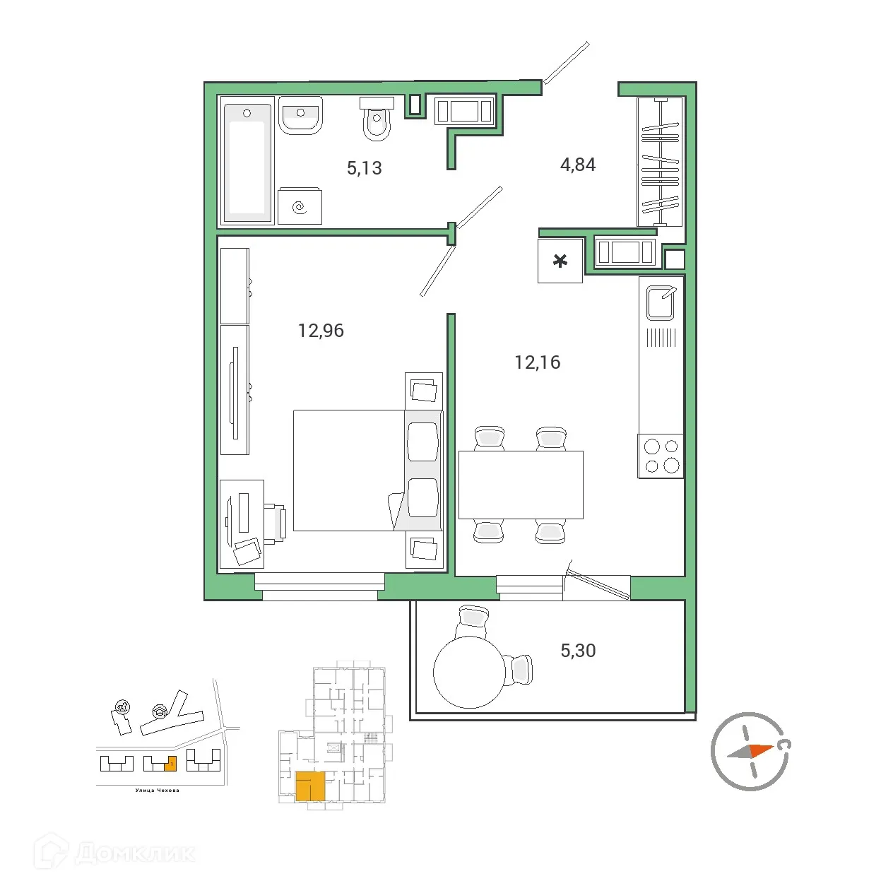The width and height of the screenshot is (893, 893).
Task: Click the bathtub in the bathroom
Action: click(x=247, y=160)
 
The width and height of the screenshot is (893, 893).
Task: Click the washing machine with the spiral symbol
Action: click(x=300, y=206)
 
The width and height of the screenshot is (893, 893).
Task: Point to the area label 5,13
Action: click(x=364, y=168)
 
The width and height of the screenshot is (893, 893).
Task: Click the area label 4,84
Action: click(x=578, y=165)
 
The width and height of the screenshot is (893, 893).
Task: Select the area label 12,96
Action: click(x=321, y=331)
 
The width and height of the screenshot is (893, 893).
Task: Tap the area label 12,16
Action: click(x=537, y=362)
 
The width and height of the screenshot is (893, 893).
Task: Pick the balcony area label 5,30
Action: click(x=578, y=651)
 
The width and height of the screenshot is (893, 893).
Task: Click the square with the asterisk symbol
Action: click(x=560, y=261)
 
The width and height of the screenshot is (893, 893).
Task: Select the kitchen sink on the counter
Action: click(x=661, y=302)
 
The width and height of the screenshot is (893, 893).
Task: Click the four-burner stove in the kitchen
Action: click(x=661, y=456)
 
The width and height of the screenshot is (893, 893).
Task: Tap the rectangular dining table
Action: click(x=521, y=485)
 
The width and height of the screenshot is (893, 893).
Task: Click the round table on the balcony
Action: click(x=469, y=672)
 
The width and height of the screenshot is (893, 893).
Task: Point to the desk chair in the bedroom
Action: click(x=276, y=523)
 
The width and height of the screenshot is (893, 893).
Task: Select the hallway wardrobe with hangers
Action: click(x=660, y=162)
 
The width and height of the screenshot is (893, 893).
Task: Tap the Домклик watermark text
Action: click(x=134, y=853)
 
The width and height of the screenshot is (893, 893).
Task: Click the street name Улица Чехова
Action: click(x=157, y=791)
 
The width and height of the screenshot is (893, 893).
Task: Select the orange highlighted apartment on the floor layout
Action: click(x=309, y=786)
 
